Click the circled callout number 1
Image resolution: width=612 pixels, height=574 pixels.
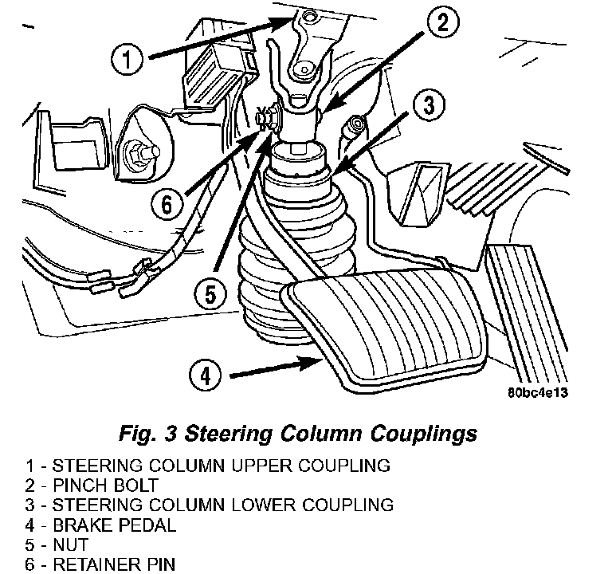point(127,57)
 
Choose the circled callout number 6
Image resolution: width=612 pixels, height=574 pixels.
point(166,206)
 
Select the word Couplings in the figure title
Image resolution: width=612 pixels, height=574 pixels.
point(422,434)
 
